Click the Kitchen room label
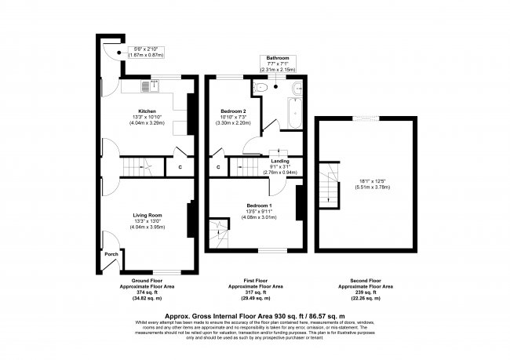click(x=147, y=111)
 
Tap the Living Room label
click(x=147, y=215)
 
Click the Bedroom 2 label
click(x=234, y=111)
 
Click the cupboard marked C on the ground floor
click(x=180, y=166)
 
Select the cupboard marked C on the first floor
click(x=217, y=166)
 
